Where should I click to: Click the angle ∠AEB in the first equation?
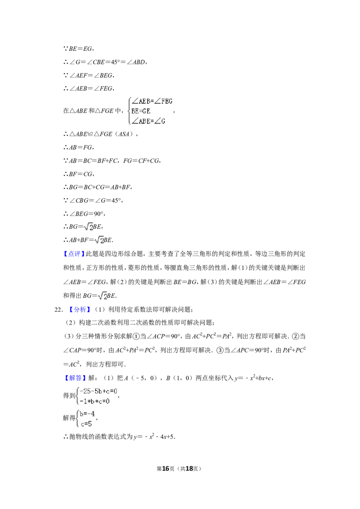pos(141,101)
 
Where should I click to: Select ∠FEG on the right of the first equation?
pos(163,101)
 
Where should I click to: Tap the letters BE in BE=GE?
pos(135,111)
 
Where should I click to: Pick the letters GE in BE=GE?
pos(146,111)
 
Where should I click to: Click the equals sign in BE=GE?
pos(140,111)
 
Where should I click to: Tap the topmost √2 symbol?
pos(88,227)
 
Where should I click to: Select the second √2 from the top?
pos(99,240)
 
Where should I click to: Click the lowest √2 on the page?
pos(103,296)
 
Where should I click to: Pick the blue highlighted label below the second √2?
pos(73,254)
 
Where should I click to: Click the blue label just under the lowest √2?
pos(79,309)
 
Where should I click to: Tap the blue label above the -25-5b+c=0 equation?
pos(75,378)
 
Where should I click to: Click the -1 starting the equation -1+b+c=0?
pos(82,401)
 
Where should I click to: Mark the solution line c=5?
pos(85,423)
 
